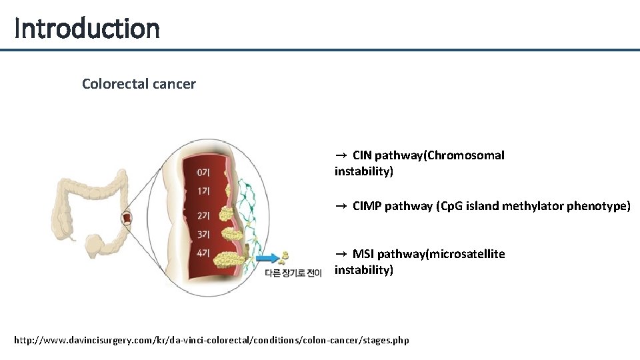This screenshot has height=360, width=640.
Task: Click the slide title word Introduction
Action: point(87,28)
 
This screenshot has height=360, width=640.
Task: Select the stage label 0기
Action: point(203,173)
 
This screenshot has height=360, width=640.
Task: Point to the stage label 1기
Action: point(203,192)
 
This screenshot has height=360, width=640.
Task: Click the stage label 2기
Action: point(203,215)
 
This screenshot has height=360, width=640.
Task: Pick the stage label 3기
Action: point(203,234)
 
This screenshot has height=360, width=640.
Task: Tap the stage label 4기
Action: point(203,253)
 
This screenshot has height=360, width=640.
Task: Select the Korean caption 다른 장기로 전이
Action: point(293,272)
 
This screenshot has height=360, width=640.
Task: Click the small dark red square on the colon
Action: point(127,217)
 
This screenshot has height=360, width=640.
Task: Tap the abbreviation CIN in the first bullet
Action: point(362,155)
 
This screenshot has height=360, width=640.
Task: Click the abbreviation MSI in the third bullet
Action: point(363,254)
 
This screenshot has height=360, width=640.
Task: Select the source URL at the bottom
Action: point(211,341)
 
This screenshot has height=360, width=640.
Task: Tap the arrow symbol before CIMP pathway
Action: point(340,206)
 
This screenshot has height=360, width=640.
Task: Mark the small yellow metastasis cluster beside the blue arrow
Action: point(285,257)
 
